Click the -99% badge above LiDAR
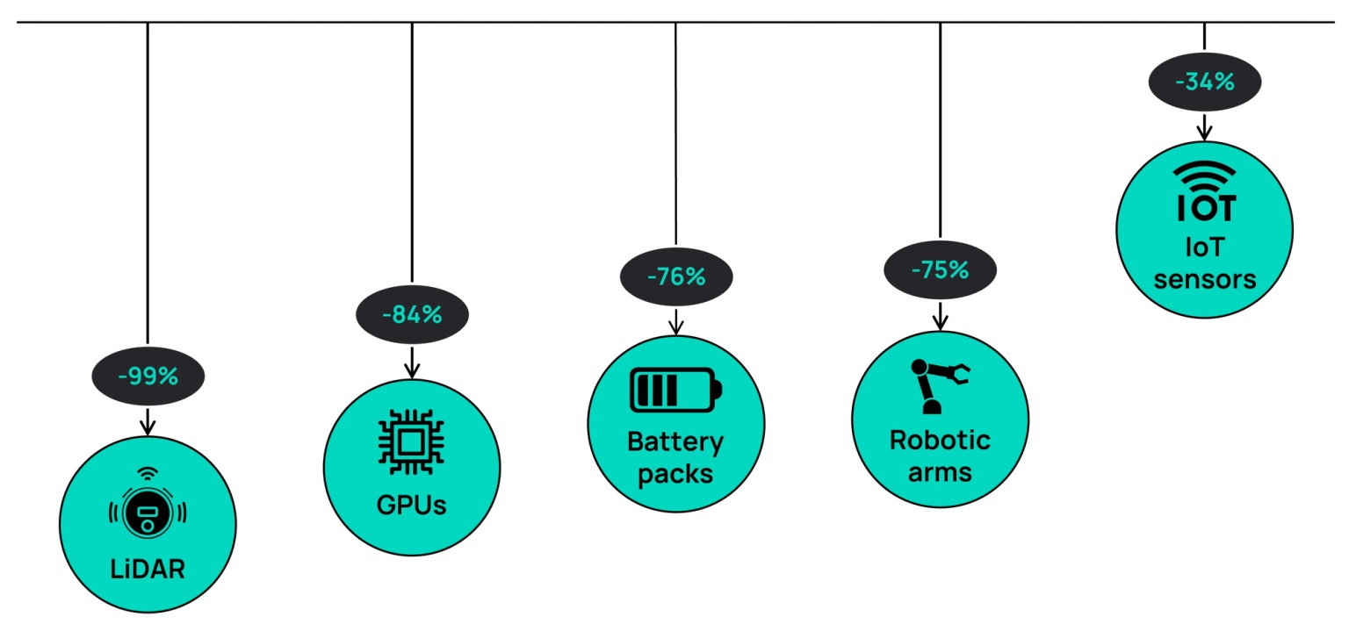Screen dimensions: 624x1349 [148, 377]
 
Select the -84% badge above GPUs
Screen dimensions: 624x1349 [412, 313]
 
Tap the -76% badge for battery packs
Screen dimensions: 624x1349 [675, 276]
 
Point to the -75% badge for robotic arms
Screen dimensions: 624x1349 [940, 269]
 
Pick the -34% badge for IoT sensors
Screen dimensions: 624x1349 [1204, 82]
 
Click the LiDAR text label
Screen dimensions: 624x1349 [148, 569]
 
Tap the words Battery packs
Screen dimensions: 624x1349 [675, 458]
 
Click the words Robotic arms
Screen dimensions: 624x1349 [940, 455]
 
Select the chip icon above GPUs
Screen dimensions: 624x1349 [411, 442]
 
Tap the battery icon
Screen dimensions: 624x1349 [675, 389]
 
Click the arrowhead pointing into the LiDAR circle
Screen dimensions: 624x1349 [148, 427]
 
